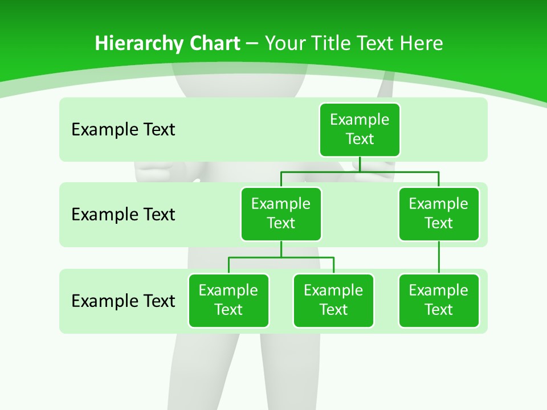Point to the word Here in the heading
tap(422, 43)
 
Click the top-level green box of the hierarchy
tap(360, 130)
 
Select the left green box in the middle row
tap(281, 214)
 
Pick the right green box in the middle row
tap(439, 214)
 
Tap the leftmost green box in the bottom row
tap(228, 301)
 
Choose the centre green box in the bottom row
tap(333, 301)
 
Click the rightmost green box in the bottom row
tap(439, 301)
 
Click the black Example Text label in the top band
tap(123, 130)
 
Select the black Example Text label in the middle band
tap(123, 215)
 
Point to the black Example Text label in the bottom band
tap(123, 301)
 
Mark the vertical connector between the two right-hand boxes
tap(439, 257)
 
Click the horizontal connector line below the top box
tap(360, 171)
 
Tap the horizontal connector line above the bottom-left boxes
tap(281, 257)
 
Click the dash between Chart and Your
tap(252, 44)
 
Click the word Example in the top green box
tap(360, 120)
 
